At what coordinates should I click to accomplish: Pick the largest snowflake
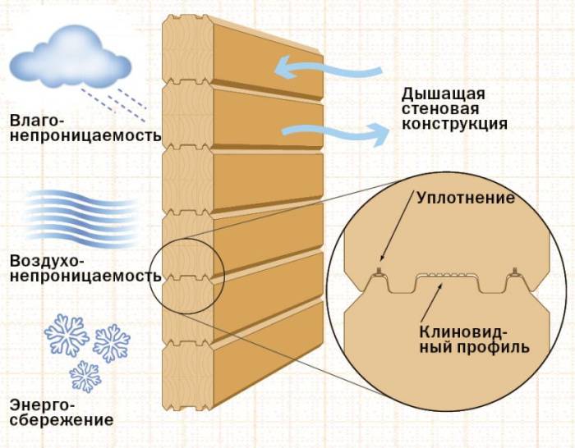coord(66,331)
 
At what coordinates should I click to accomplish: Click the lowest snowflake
coord(85,377)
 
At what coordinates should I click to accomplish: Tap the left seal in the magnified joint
coord(379,270)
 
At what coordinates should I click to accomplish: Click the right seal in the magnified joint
coord(514,270)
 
